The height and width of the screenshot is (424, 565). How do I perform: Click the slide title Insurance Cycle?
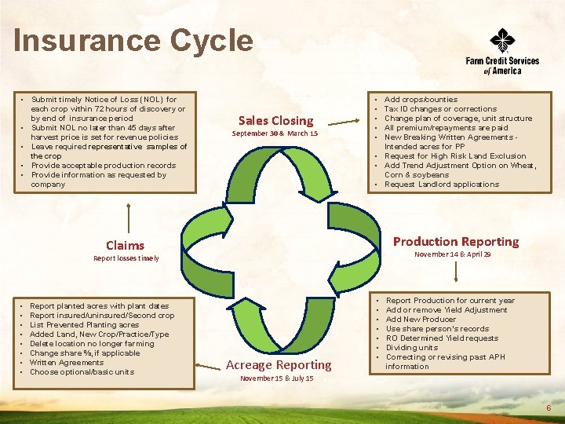pyautogui.click(x=133, y=41)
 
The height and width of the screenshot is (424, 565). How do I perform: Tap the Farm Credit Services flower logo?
pyautogui.click(x=502, y=40)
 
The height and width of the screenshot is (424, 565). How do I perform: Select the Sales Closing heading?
pyautogui.click(x=275, y=120)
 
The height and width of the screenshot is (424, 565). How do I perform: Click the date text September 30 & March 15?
pyautogui.click(x=275, y=134)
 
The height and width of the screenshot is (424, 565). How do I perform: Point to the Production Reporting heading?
pyautogui.click(x=455, y=241)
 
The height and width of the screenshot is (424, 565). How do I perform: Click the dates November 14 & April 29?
pyautogui.click(x=453, y=255)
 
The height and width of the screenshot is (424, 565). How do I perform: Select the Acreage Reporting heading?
pyautogui.click(x=278, y=364)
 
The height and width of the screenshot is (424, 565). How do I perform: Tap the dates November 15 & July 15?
pyautogui.click(x=277, y=378)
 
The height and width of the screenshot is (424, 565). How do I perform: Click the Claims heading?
pyautogui.click(x=126, y=245)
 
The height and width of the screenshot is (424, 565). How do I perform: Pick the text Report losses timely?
pyautogui.click(x=126, y=258)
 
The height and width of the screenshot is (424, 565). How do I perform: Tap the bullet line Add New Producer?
pyautogui.click(x=420, y=320)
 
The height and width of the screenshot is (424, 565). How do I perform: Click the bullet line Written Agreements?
pyautogui.click(x=67, y=363)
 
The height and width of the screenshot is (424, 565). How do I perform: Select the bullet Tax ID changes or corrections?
pyautogui.click(x=440, y=109)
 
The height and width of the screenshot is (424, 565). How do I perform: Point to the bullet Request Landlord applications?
pyautogui.click(x=441, y=185)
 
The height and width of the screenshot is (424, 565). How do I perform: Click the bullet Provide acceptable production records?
pyautogui.click(x=103, y=166)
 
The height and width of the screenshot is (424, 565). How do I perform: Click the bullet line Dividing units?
pyautogui.click(x=412, y=348)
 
